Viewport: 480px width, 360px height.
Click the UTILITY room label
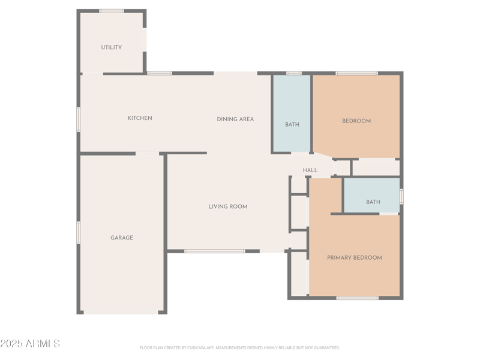click(112, 47)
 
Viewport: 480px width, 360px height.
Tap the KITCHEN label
click(140, 118)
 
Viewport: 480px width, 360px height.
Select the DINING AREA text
click(235, 119)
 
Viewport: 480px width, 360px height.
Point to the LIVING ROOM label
click(228, 207)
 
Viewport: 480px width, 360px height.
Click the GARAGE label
click(122, 238)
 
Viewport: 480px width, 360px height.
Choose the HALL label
click(310, 170)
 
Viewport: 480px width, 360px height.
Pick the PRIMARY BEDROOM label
click(354, 258)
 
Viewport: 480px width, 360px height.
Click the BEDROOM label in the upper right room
click(356, 121)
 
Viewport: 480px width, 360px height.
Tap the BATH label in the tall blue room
click(292, 125)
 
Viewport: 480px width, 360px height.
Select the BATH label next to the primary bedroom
click(373, 202)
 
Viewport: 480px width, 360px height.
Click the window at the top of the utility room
click(112, 11)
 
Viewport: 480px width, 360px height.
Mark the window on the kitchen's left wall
click(78, 119)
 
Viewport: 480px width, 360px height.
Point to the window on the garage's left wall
click(78, 232)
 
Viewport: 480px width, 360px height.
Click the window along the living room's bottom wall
click(215, 251)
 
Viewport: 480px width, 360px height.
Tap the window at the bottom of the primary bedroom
click(357, 298)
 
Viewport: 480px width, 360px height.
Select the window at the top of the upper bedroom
click(356, 73)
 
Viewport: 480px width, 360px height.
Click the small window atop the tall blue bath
click(293, 73)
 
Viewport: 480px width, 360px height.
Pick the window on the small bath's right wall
click(401, 196)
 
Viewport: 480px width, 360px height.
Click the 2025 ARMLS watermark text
click(30, 344)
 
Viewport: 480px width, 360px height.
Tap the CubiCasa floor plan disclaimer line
click(240, 347)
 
